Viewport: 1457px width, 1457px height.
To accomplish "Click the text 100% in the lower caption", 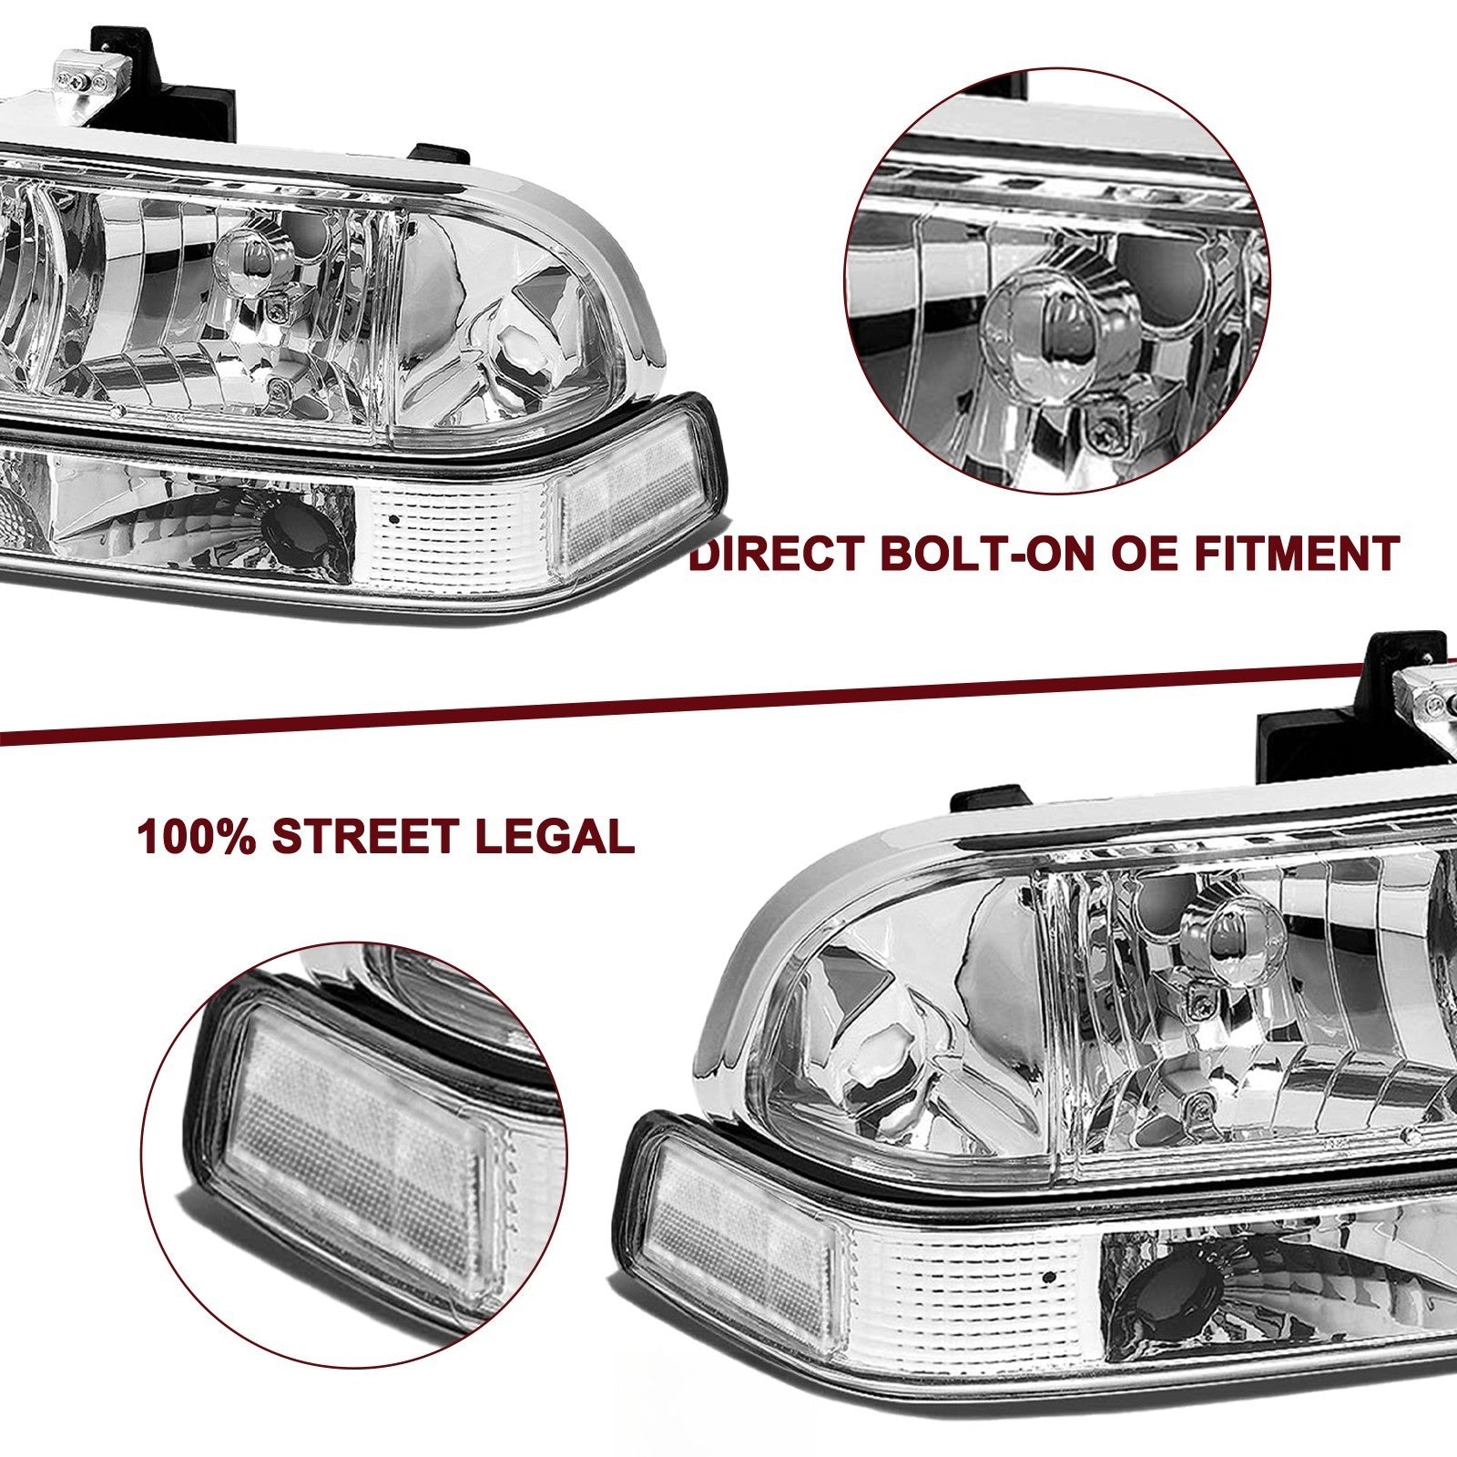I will [x=195, y=836].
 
